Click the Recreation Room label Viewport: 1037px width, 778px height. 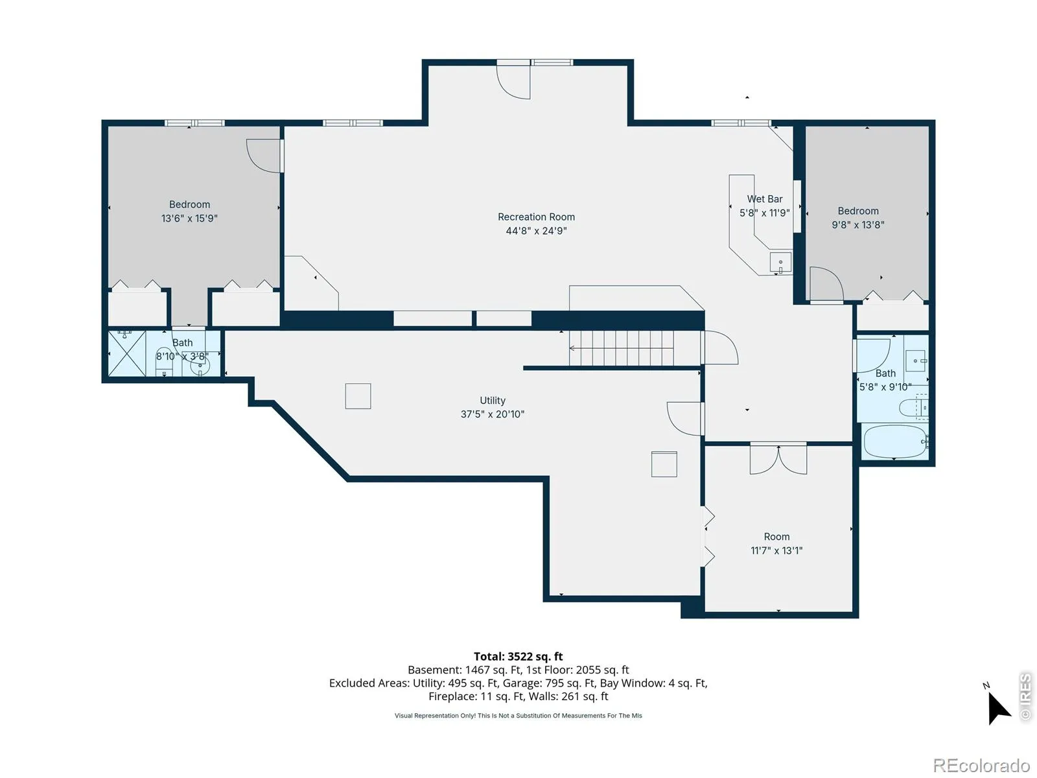tap(536, 217)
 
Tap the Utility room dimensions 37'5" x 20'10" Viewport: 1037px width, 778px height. tap(493, 414)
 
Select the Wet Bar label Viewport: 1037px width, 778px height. tap(764, 199)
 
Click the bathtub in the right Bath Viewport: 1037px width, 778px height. tap(895, 442)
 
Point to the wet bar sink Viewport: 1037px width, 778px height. tap(780, 263)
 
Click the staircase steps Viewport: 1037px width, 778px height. tap(622, 348)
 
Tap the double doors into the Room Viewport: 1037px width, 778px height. tap(778, 459)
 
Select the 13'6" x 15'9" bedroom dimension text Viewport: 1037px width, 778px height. tap(189, 218)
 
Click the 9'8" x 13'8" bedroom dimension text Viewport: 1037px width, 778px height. tap(858, 225)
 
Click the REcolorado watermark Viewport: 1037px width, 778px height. tap(981, 765)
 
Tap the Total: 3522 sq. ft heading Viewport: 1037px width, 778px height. tap(518, 657)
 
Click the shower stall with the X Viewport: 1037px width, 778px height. tap(126, 353)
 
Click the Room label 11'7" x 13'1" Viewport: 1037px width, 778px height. tap(776, 543)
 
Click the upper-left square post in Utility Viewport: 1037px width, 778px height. tap(358, 396)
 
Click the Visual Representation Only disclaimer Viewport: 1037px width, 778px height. tap(518, 716)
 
